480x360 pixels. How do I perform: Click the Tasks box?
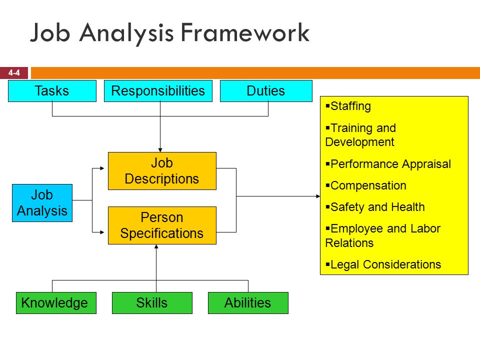tap(52, 91)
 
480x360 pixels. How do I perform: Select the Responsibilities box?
tap(158, 91)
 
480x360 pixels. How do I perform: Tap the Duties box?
tap(266, 91)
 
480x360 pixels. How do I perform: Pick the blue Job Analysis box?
tap(42, 203)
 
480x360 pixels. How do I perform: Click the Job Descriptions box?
tap(162, 171)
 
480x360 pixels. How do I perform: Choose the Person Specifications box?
tap(162, 225)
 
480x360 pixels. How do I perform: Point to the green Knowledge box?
tap(56, 303)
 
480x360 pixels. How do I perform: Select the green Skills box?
tap(152, 303)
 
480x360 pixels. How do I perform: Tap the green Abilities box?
tap(248, 303)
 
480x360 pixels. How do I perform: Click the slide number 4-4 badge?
tap(14, 73)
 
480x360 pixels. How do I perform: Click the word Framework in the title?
tap(245, 32)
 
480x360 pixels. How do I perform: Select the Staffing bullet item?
tap(348, 106)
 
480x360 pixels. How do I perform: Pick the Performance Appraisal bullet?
tap(388, 164)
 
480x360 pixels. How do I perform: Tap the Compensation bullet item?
tap(366, 185)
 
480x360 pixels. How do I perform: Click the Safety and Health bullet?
tap(375, 207)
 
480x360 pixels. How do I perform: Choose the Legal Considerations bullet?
tap(383, 264)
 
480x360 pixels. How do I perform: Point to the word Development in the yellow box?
tap(359, 142)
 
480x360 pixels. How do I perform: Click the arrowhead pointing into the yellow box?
tap(318, 196)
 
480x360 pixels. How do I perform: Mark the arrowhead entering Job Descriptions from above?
tap(160, 150)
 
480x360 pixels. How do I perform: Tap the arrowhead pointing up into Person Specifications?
tap(156, 246)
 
